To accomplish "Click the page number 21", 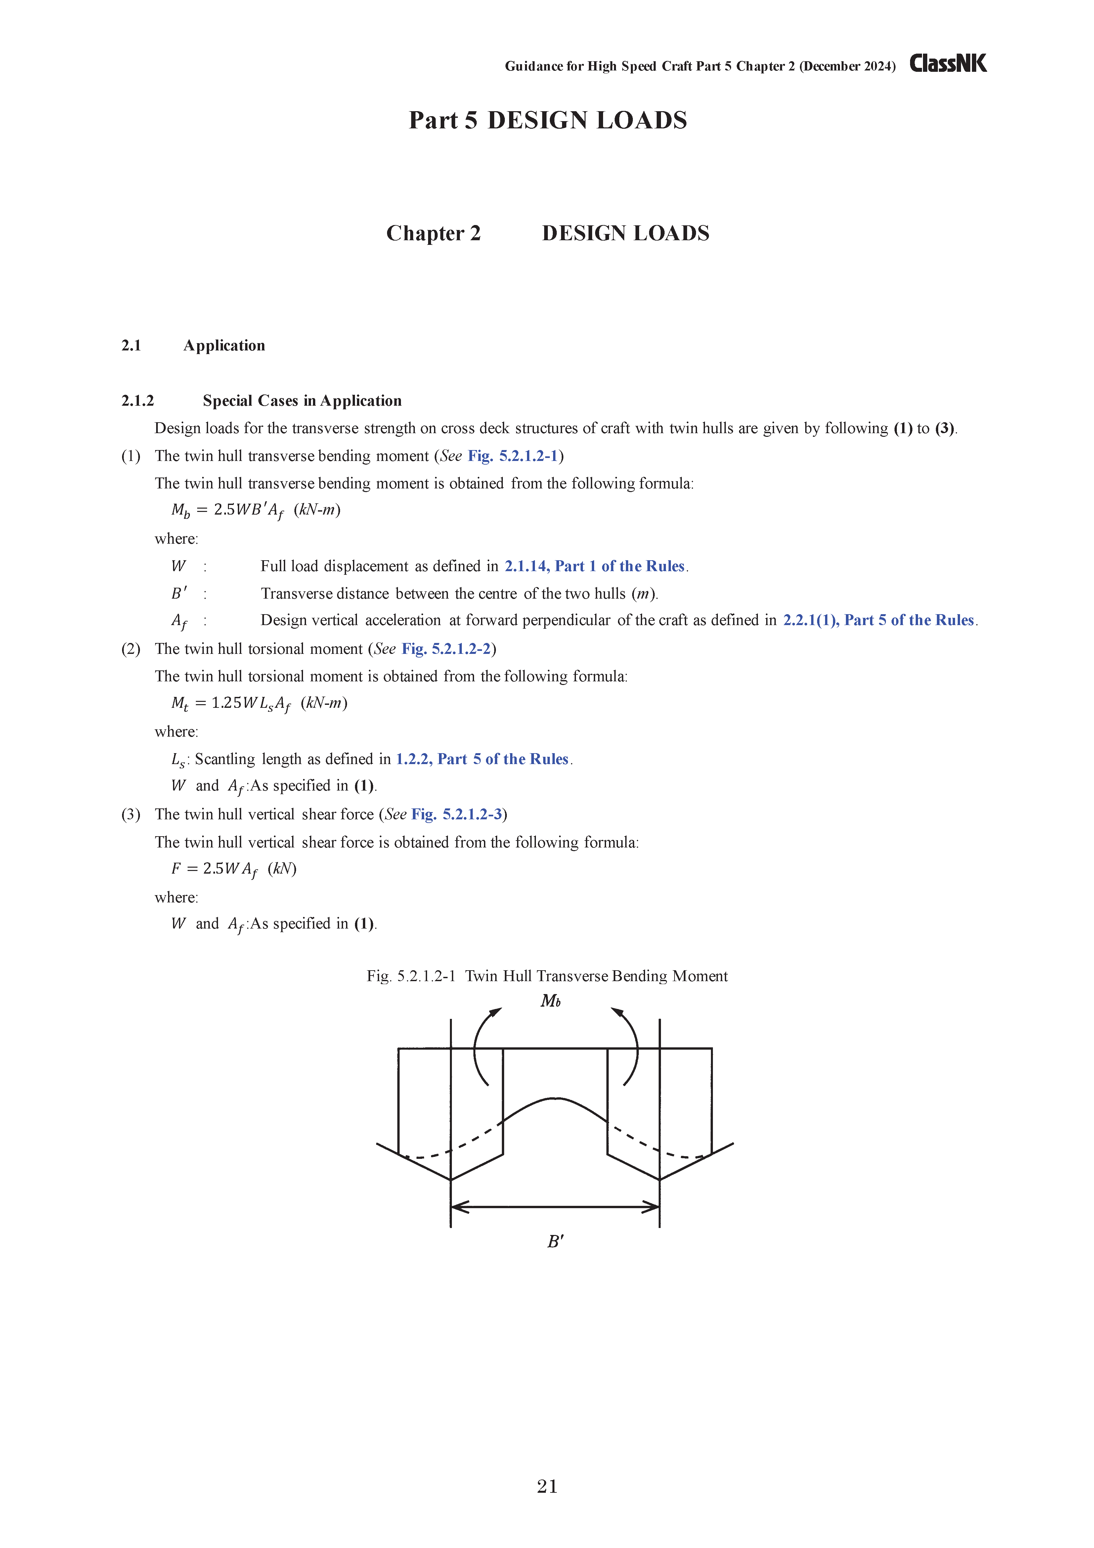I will pos(547,1486).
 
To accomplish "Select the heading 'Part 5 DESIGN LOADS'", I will pos(547,120).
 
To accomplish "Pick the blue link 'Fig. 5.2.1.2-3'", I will pos(456,814).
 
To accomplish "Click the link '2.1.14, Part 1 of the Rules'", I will pos(594,566).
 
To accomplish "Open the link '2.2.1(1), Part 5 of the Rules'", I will pos(878,620).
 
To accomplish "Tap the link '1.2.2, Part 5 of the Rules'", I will pos(482,759).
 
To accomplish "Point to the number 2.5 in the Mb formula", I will pos(225,510).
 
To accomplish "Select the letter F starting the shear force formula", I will pos(176,868).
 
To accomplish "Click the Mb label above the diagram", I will pos(550,1001).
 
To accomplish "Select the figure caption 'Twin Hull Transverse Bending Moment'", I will pos(596,976).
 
